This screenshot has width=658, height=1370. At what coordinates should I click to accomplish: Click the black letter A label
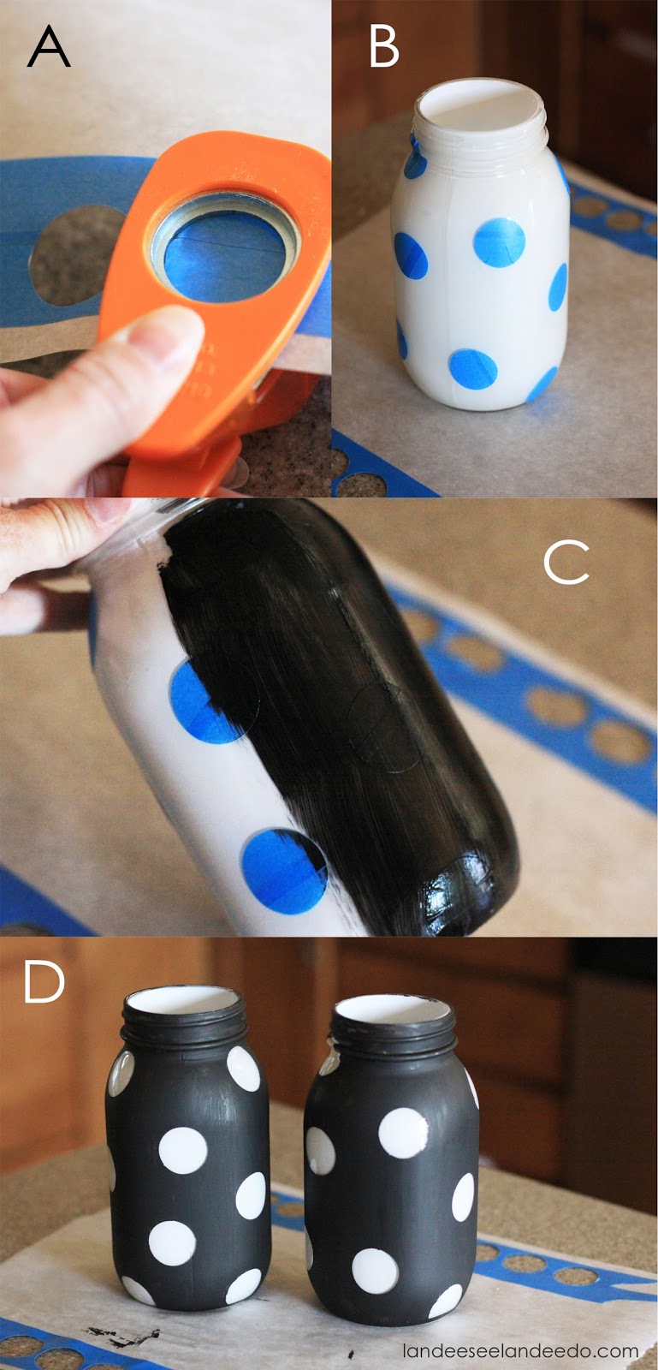[49, 48]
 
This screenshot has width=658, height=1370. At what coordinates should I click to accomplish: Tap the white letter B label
[383, 47]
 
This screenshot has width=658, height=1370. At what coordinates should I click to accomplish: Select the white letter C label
[566, 562]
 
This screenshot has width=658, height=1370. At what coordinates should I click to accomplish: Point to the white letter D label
[44, 981]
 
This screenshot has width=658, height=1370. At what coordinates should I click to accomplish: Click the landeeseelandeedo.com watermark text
[520, 1350]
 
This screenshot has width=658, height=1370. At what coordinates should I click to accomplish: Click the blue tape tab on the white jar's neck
[416, 156]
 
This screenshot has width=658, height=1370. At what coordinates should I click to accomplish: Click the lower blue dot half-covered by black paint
[284, 872]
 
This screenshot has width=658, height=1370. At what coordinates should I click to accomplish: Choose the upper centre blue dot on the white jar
[499, 242]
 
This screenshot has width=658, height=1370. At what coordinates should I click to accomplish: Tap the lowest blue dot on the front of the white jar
[473, 369]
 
